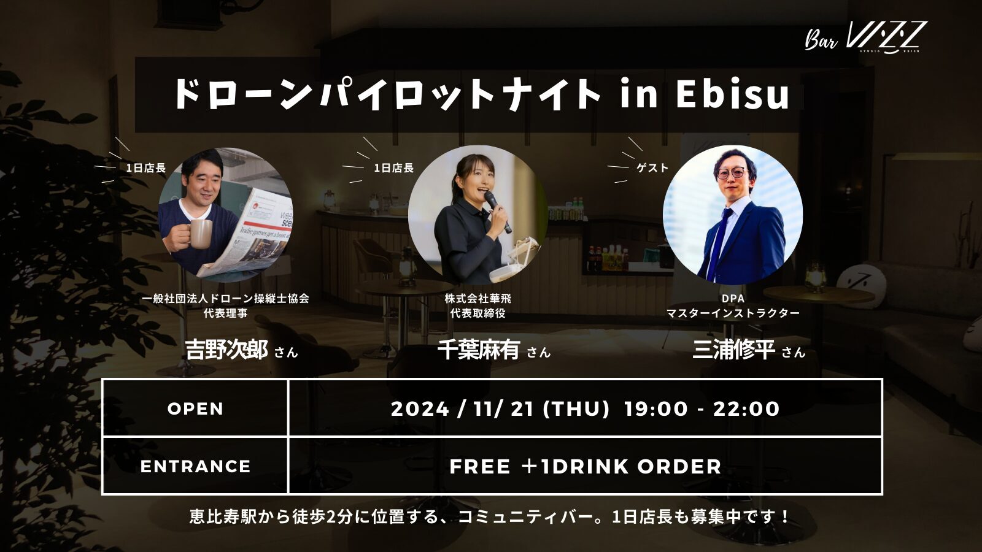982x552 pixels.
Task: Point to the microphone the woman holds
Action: coord(498,212)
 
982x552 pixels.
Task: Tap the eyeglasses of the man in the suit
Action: coord(731,172)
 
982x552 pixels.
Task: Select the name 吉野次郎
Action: coord(226,350)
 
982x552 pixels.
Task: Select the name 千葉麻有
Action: coord(478,350)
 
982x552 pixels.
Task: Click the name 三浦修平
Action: coord(733,350)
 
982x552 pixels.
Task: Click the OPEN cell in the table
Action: coord(195,408)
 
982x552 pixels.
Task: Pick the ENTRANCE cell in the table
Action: coord(195,466)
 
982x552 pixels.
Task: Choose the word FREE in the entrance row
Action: coord(480,466)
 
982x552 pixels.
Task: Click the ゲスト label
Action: coord(652,168)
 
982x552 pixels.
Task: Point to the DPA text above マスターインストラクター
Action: coord(733,299)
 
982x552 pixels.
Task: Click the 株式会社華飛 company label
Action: coord(478,299)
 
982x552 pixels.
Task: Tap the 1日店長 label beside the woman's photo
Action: coord(393,168)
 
